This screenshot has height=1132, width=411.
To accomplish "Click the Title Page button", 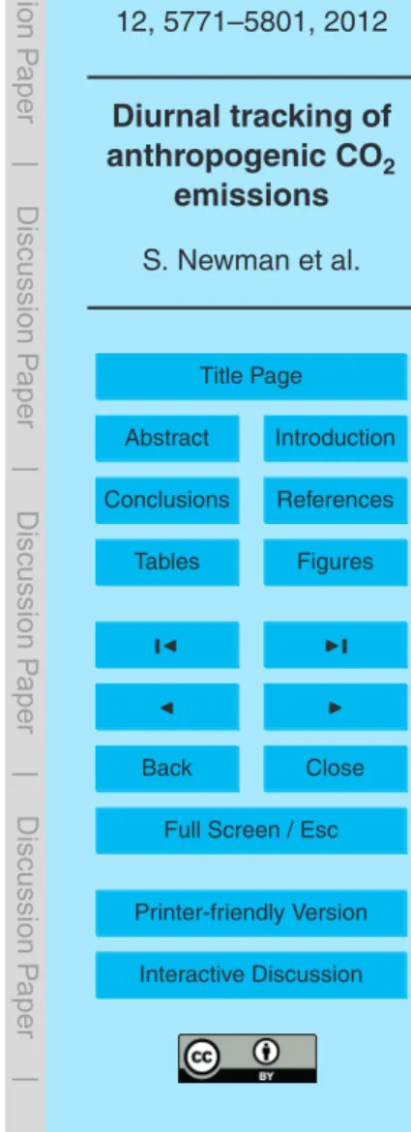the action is tap(251, 375).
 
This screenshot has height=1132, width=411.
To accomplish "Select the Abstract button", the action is tap(167, 438).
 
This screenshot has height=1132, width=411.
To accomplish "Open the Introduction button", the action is tap(336, 438).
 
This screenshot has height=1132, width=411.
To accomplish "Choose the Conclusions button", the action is tap(167, 500).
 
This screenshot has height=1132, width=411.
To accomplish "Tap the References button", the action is tap(336, 500).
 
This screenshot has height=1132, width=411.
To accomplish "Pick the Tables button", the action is tap(167, 562).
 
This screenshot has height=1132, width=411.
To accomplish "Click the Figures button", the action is tap(336, 562).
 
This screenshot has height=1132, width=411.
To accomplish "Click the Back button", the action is tap(167, 769).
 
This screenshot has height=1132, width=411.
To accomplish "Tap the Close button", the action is tap(336, 769).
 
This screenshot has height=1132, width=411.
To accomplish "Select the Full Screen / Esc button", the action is tap(251, 830).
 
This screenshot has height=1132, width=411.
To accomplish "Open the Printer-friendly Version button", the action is tap(251, 913).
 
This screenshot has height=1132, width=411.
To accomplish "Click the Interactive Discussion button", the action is tap(251, 974).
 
